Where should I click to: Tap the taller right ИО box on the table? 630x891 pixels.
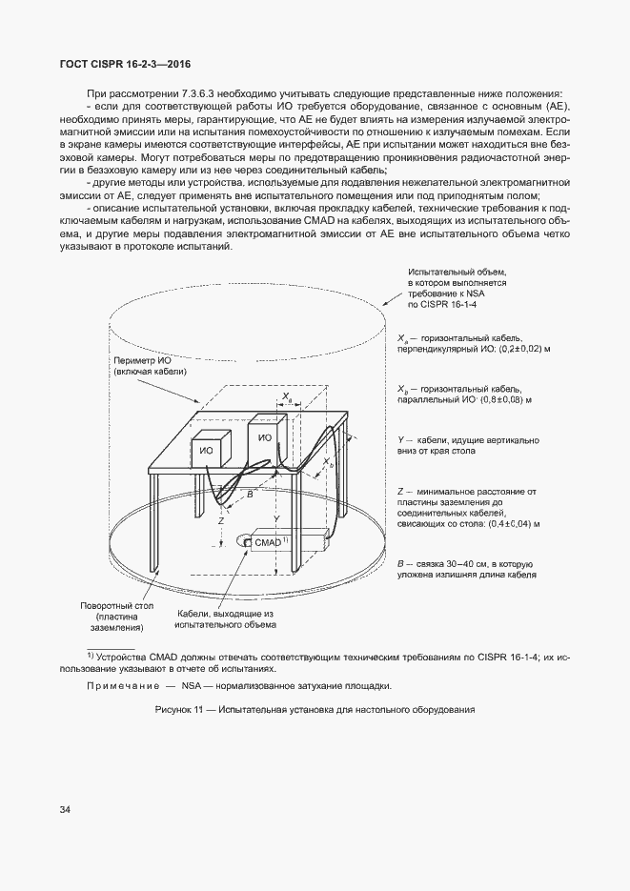click(x=266, y=438)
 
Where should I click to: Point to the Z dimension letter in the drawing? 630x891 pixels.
click(x=220, y=521)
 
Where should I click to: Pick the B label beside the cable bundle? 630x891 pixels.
click(x=251, y=495)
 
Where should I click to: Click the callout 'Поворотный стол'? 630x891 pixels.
click(x=112, y=605)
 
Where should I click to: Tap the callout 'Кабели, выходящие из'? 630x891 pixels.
click(x=225, y=614)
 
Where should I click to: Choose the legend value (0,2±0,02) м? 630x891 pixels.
click(x=506, y=350)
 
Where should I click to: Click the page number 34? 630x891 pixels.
click(x=65, y=810)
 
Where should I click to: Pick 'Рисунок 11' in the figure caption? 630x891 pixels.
click(x=182, y=711)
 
